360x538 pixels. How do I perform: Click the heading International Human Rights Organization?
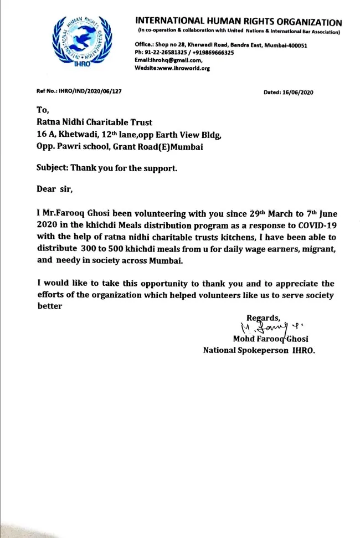coord(238,23)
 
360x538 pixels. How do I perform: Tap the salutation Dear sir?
coord(54,188)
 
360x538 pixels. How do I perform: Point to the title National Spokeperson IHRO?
coord(259,350)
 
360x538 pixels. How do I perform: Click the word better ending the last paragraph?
coord(49,306)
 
